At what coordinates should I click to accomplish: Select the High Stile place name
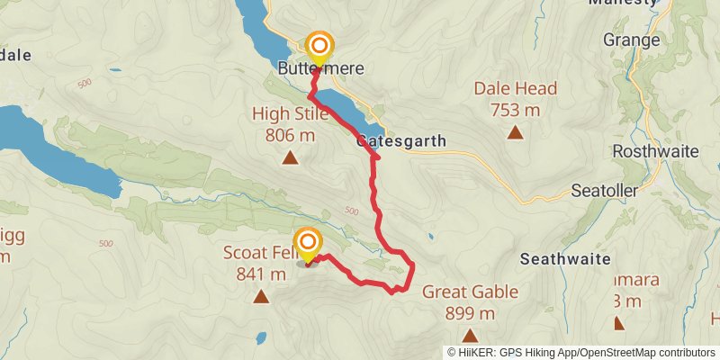290,114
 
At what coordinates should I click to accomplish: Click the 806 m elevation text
290,135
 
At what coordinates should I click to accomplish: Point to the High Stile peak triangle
290,159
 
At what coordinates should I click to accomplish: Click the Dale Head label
516,89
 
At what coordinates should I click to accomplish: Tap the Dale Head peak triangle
516,133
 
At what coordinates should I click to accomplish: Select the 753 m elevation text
516,110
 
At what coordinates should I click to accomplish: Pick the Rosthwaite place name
655,151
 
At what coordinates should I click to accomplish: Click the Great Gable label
470,292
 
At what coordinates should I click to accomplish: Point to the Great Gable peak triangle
470,335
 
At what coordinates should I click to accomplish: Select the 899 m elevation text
470,313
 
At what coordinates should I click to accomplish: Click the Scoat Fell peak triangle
261,296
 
